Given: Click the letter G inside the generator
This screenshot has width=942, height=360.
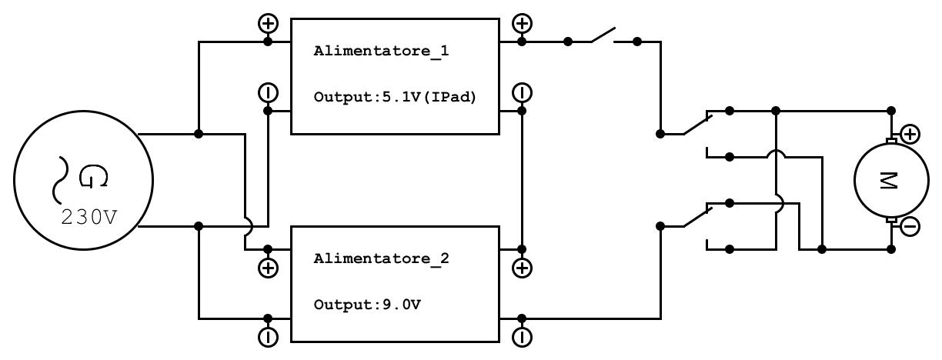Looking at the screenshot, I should point(93,178).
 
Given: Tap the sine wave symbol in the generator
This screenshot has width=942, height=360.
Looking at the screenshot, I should point(58,178).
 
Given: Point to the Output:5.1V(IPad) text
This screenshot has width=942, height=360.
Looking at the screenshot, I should point(396,98).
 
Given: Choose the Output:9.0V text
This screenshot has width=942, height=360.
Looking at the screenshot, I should point(367,305).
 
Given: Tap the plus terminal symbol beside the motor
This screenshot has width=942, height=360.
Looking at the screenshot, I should point(910,135).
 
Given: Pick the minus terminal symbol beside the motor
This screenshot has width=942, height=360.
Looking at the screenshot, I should point(910,227).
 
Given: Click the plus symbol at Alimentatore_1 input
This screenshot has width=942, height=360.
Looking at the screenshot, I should point(268,24).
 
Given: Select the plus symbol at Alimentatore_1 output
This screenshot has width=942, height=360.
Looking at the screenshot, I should point(522,24).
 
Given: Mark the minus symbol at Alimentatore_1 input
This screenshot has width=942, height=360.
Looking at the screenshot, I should point(268,93).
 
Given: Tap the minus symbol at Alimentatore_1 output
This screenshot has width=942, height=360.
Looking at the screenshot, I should point(522,93).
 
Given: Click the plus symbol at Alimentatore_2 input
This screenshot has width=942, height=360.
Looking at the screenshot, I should point(268,268).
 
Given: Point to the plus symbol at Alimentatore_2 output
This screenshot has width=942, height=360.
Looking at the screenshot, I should point(522,268).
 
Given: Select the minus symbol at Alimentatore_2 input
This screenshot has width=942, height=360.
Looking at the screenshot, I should point(268,337).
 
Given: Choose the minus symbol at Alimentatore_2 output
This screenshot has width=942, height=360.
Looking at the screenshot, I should point(522,337).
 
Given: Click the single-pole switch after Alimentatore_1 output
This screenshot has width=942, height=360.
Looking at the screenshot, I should point(603,36).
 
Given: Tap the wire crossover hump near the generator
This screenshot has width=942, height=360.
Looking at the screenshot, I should point(246,226).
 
